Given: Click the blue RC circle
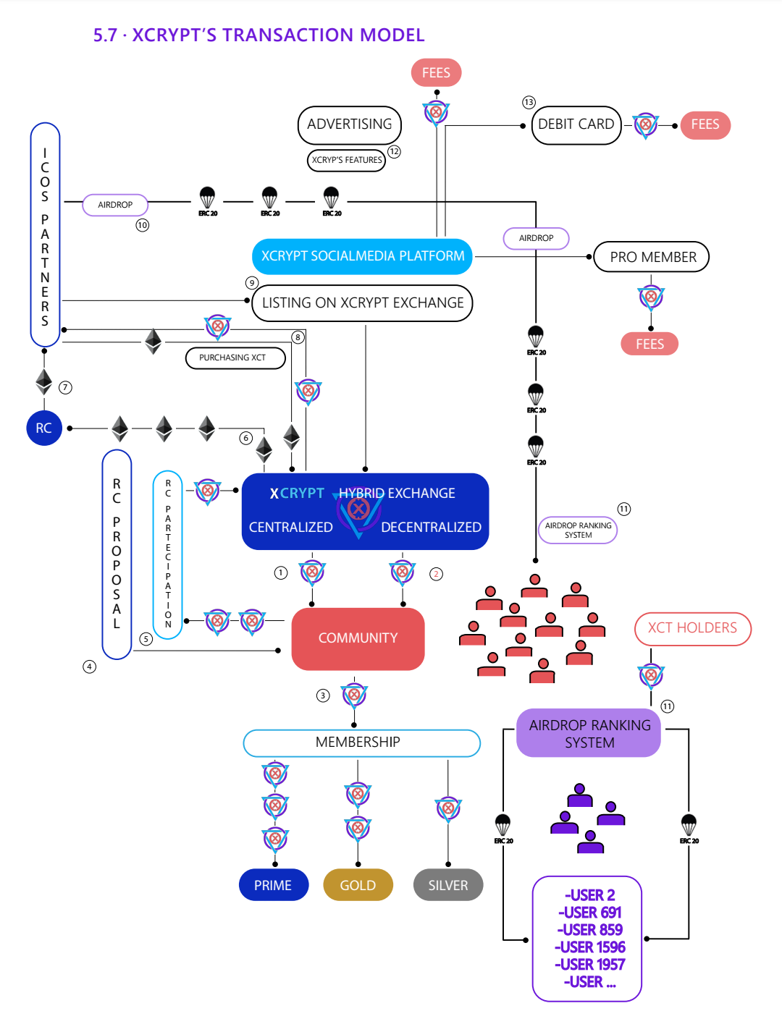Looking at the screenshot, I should click(43, 428).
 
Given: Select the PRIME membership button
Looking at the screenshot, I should click(273, 885).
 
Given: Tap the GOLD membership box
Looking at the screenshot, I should click(358, 885).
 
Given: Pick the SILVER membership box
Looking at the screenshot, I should click(447, 885).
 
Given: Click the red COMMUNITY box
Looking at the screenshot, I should click(358, 638).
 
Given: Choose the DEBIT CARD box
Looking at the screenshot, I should click(576, 124).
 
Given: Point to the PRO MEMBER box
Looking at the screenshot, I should click(652, 257).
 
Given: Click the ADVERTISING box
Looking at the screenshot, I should click(349, 124).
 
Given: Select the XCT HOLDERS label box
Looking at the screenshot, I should click(692, 628).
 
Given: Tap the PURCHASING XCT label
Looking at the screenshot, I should click(235, 358).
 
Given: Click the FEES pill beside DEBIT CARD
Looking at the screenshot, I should click(705, 124).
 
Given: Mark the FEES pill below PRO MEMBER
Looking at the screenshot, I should click(649, 344).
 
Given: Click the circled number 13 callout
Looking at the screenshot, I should click(529, 103).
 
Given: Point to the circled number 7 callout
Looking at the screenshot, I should click(66, 387).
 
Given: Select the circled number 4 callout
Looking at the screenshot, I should click(89, 667).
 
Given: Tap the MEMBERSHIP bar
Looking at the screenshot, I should click(361, 743).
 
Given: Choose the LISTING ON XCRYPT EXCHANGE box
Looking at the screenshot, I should click(362, 303).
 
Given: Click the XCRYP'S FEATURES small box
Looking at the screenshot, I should click(347, 160).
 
